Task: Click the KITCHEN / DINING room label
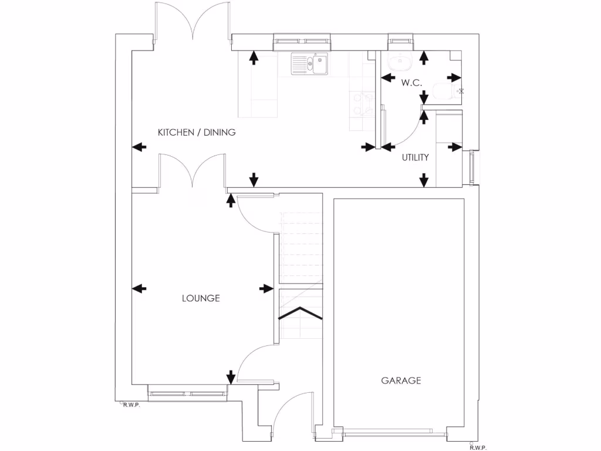(197, 133)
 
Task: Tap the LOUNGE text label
(201, 298)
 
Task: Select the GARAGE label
(401, 381)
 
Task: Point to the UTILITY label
(415, 157)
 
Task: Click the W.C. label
(412, 83)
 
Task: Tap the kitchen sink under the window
(309, 64)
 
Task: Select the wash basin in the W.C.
(402, 60)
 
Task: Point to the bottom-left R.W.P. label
(130, 405)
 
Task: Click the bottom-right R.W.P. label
(478, 447)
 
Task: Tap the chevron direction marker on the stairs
(300, 312)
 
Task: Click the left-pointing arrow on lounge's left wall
(139, 288)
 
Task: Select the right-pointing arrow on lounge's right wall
(266, 288)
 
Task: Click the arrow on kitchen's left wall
(139, 147)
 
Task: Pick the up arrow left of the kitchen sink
(254, 57)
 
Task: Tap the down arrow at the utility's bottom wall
(424, 180)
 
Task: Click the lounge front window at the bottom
(187, 393)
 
